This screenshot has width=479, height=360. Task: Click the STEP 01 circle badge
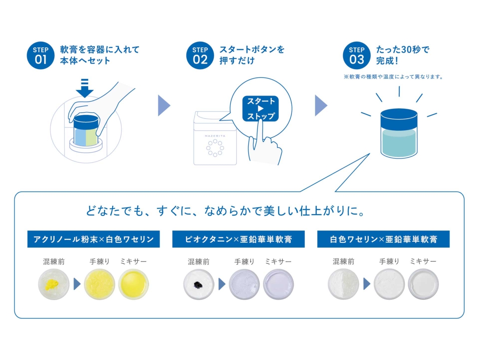[40, 56]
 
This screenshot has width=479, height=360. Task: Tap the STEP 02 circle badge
[200, 56]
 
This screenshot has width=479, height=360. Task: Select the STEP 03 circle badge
[356, 56]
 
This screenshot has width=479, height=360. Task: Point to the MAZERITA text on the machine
[215, 136]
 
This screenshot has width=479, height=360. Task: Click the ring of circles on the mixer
[215, 148]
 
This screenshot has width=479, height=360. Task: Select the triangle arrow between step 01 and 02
[163, 105]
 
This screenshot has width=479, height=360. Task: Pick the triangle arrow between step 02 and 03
[321, 105]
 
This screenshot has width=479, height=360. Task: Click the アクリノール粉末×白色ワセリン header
[93, 239]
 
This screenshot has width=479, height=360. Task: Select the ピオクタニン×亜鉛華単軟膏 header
[238, 239]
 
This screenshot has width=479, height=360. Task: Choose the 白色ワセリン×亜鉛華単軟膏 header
[383, 239]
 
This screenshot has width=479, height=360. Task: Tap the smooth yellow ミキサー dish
[133, 284]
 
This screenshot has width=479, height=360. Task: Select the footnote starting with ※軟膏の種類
[393, 77]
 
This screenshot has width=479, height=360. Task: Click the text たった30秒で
[403, 50]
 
